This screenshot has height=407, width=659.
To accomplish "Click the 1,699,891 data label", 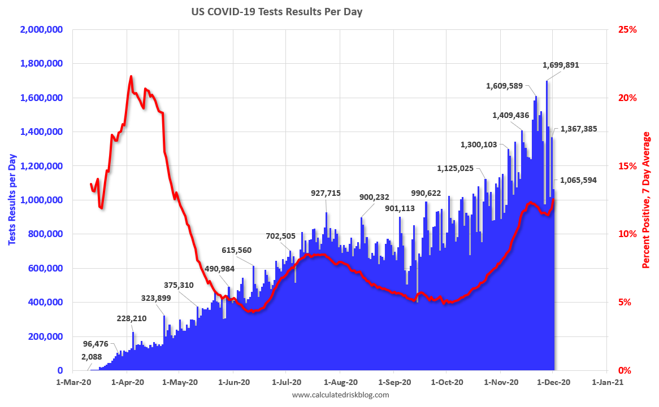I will click(561, 65).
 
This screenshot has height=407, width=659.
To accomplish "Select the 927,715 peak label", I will click(326, 193).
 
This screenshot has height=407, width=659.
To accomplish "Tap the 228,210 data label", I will click(132, 318).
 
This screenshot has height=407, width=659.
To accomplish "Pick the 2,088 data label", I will click(92, 357).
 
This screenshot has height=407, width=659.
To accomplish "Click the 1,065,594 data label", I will click(578, 181).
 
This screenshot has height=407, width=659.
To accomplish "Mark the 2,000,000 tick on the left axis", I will click(41, 29).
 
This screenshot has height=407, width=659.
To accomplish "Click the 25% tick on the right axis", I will click(627, 29).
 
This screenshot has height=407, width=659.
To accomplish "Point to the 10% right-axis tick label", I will click(627, 234).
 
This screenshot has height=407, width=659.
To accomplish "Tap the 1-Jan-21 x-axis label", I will click(607, 382).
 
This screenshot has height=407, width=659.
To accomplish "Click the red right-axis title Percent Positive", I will click(647, 200).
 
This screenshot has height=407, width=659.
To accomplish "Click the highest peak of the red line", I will click(131, 76).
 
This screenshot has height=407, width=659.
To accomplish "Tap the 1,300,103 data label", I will click(479, 145).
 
